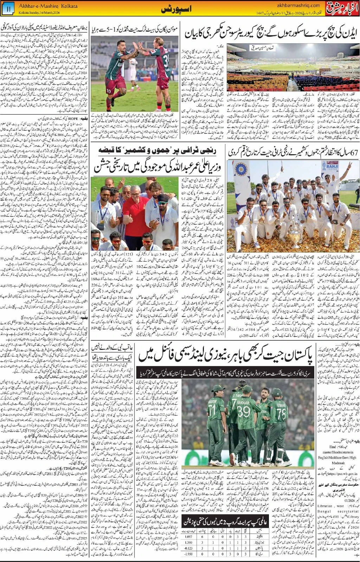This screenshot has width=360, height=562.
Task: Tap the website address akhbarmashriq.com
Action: pos(298,5)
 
